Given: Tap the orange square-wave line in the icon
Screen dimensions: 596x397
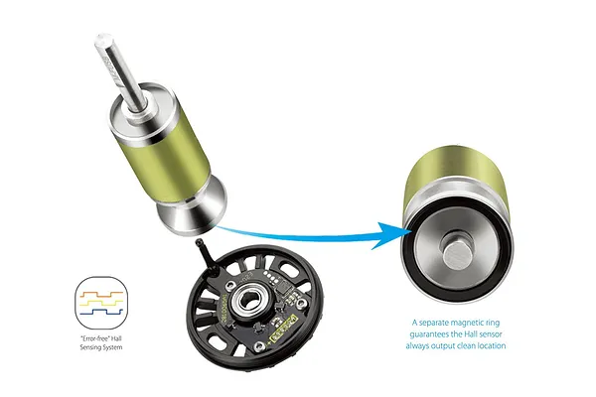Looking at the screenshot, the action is click(101, 294).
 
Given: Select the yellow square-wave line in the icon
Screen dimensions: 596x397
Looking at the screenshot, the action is click(101, 303).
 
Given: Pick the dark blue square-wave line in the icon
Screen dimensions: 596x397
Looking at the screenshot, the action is click(101, 312).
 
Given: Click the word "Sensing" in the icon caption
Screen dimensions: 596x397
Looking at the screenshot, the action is click(88, 347).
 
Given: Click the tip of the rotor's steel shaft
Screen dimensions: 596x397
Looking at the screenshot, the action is click(103, 40).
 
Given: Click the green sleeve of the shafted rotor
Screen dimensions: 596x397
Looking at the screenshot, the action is click(167, 155).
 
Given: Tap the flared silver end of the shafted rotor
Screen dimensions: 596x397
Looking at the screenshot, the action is click(192, 211).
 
